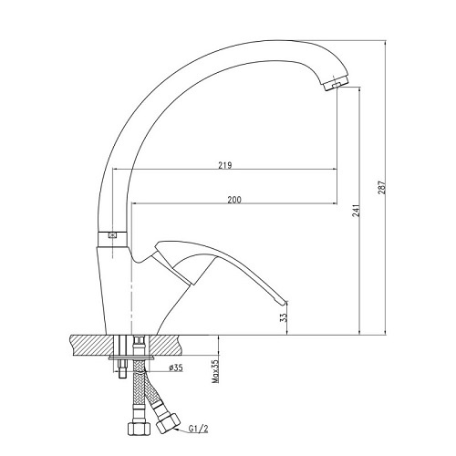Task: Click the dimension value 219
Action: (225, 165)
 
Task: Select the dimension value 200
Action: (234, 200)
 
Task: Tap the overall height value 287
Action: (381, 188)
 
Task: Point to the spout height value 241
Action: (356, 211)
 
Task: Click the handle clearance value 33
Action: (284, 317)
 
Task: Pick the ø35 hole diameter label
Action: (176, 368)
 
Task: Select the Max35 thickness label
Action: (215, 371)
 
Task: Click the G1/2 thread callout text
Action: (198, 429)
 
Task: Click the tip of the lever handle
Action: (286, 302)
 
